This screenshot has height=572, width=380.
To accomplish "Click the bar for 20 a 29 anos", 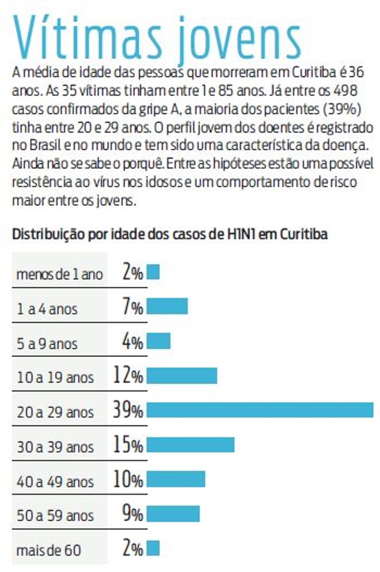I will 260,410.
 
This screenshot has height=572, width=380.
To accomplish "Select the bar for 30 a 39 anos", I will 191,445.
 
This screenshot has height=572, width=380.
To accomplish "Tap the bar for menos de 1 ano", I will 153,272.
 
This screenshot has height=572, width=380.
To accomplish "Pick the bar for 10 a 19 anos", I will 182,375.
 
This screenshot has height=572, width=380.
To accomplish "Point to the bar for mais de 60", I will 153,548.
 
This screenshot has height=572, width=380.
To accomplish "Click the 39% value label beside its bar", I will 128,411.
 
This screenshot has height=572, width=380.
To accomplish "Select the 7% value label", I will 132,307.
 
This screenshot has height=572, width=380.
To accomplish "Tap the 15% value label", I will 128,445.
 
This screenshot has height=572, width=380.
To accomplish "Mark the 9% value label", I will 132,514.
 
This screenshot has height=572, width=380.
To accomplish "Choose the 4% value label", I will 132,341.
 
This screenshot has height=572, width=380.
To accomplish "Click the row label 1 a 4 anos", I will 47,309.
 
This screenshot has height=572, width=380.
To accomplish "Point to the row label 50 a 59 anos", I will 54,515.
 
